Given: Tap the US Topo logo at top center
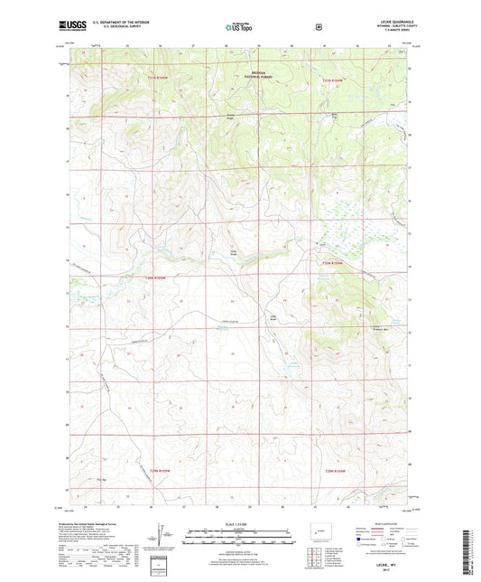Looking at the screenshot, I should (x=240, y=28).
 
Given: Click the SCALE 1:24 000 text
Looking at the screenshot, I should (x=240, y=524).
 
